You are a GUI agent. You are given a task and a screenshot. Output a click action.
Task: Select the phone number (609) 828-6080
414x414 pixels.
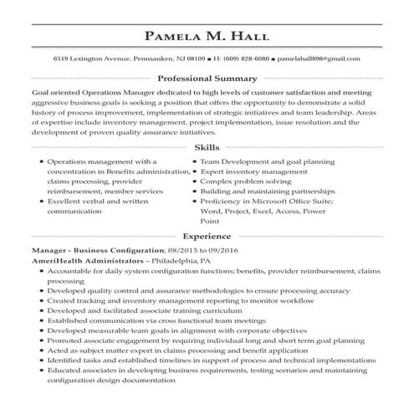coord(244,60)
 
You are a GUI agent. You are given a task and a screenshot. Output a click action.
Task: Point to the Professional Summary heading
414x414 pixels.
coord(207,78)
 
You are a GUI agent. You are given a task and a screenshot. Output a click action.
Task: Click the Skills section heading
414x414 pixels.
coord(207,146)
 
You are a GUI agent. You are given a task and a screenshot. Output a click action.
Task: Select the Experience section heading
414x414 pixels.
coord(207,237)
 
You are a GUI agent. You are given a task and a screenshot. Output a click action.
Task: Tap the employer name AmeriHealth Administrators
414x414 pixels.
coord(86,261)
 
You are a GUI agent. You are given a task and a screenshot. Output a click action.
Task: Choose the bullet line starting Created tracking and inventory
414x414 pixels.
coord(156,299)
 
